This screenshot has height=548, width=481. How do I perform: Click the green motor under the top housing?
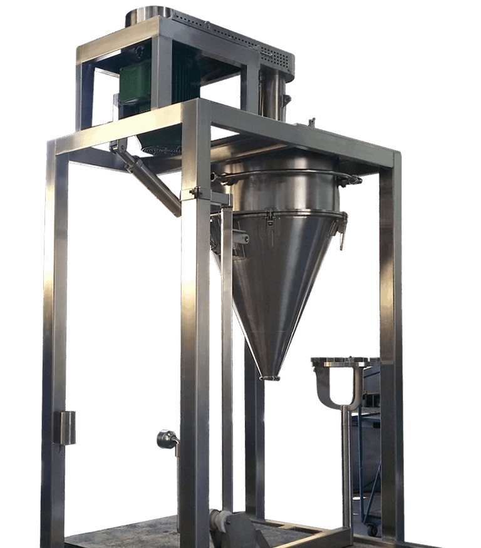135,81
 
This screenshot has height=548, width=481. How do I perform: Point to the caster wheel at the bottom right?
373,529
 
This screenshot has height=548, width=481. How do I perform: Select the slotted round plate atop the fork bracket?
345,361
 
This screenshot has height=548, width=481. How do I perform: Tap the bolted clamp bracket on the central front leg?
195,194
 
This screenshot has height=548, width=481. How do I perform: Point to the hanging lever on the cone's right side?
343,235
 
